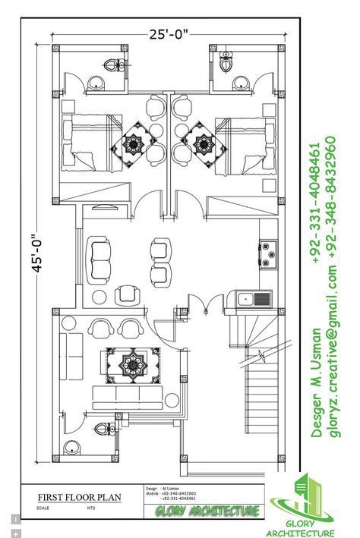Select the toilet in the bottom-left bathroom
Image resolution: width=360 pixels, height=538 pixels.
pyautogui.click(x=73, y=448)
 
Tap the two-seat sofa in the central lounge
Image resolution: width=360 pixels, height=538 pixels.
pyautogui.click(x=100, y=258)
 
